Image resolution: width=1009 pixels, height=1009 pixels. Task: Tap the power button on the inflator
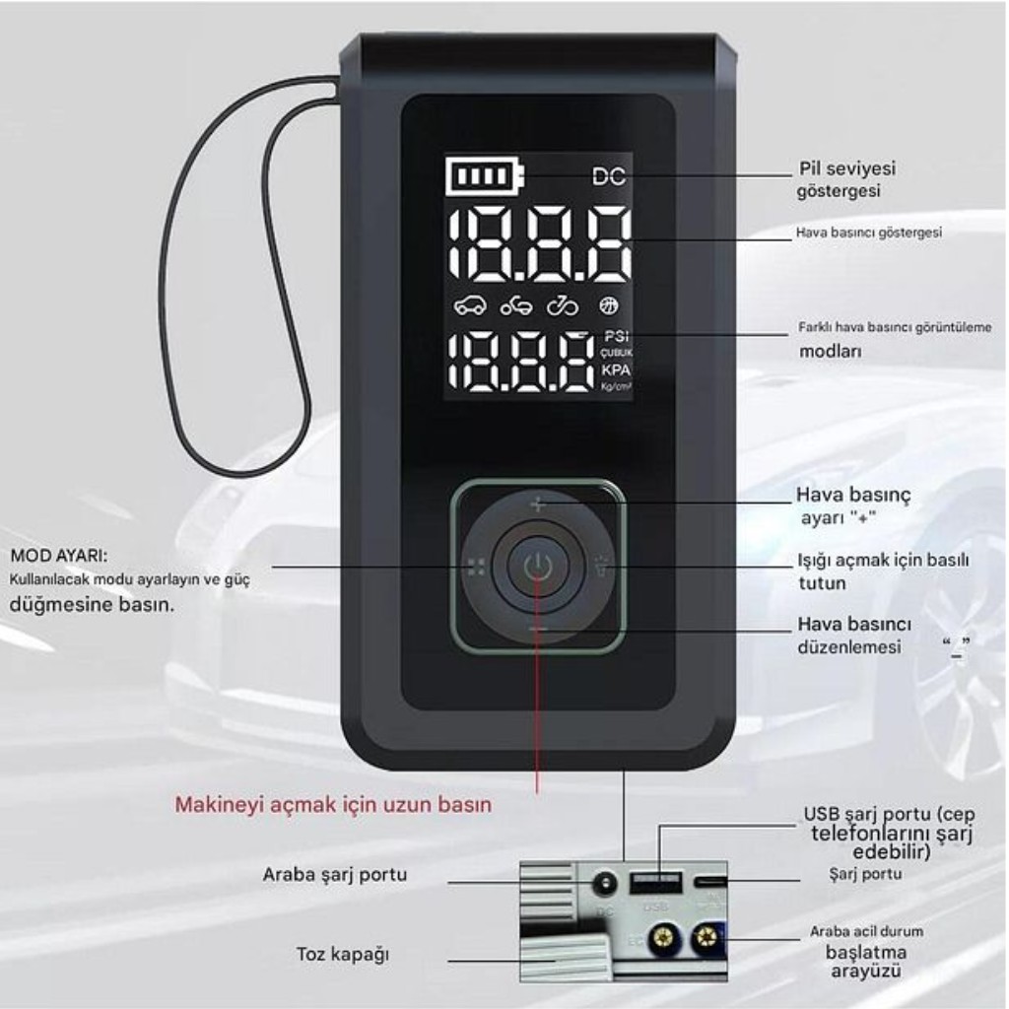coord(537,567)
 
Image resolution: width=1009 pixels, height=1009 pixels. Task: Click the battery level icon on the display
coord(484,177)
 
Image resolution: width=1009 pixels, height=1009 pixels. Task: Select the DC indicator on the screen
coord(609,177)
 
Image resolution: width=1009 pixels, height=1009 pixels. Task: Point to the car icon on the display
coord(470,305)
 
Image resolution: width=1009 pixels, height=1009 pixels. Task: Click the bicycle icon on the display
coord(563,305)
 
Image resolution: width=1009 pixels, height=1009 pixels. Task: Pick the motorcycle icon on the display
coord(516,305)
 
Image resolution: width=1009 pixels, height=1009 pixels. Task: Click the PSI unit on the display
coord(616,336)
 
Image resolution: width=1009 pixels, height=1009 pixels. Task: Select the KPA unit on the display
coord(616,370)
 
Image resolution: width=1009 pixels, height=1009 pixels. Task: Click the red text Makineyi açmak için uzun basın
coord(333,805)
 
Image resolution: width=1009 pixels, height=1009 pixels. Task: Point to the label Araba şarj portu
coord(334,875)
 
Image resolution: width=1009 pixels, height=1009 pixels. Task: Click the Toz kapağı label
coord(343,954)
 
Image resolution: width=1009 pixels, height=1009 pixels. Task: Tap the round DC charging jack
coord(604,883)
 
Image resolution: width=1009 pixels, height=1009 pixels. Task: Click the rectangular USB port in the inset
coord(656,880)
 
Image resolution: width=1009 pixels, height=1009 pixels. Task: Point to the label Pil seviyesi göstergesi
coord(846,179)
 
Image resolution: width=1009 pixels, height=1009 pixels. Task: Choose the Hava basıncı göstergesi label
coord(868,234)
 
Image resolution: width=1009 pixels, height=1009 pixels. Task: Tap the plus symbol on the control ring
coord(537,505)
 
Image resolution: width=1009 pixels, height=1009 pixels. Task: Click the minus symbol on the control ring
coord(537,629)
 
